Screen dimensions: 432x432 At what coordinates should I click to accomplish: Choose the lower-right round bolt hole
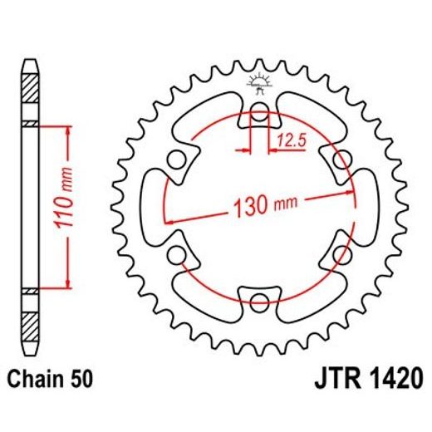338,252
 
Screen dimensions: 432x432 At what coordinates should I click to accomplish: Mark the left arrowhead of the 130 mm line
170,220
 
